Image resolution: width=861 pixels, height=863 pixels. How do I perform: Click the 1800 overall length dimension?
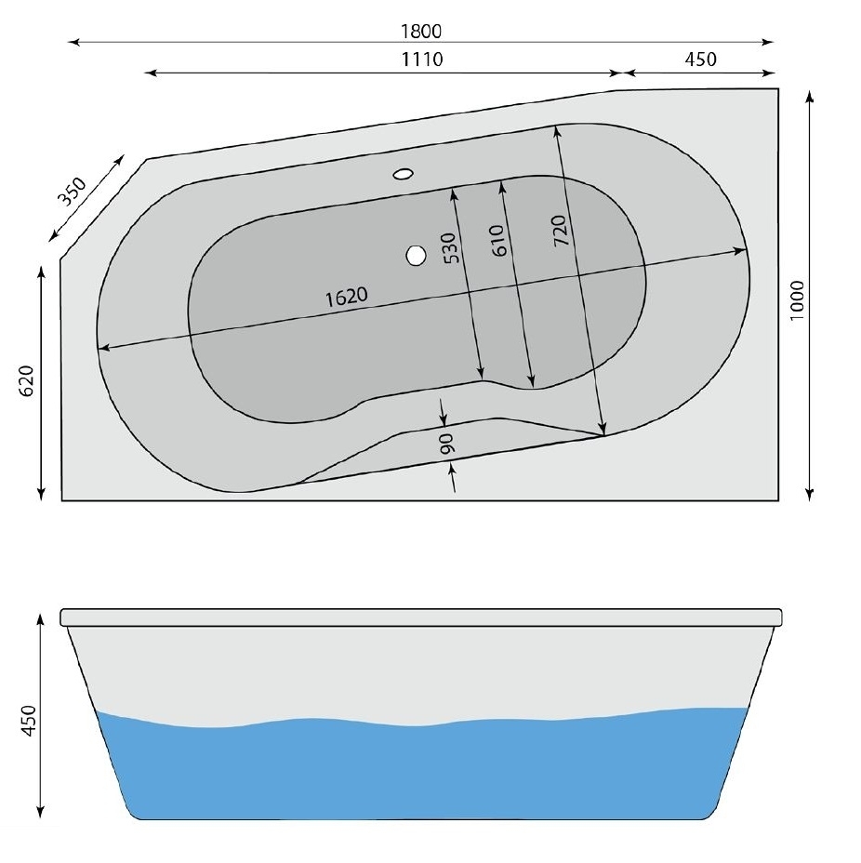tap(421, 32)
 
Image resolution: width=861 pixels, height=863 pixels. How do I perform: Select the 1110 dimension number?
tap(422, 59)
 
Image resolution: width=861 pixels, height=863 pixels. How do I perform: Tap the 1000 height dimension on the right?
tap(797, 300)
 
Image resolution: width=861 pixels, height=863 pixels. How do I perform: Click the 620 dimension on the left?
tap(26, 380)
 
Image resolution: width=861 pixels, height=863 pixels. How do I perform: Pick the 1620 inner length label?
tap(346, 298)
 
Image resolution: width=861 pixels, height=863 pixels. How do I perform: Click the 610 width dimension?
tap(497, 241)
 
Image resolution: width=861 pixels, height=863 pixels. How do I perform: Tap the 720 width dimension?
tap(559, 231)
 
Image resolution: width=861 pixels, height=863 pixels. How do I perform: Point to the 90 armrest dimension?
tap(446, 443)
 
